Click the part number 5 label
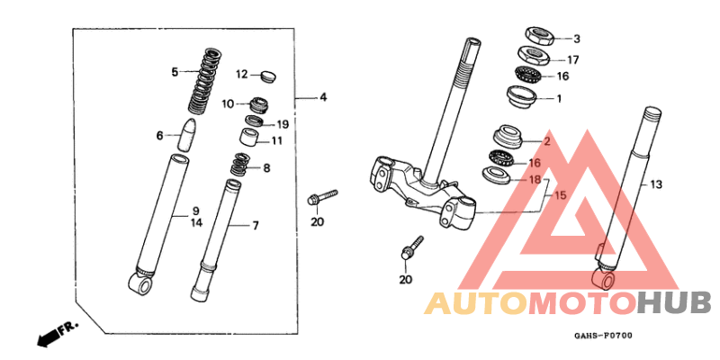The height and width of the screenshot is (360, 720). (175, 71)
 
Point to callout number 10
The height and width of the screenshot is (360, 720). (228, 103)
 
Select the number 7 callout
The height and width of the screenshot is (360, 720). (255, 224)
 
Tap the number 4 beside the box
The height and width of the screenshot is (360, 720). (323, 96)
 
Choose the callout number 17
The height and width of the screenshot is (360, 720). (573, 60)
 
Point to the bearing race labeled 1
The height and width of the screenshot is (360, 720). (523, 96)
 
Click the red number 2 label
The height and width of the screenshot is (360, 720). (545, 141)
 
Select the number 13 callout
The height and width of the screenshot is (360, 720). (656, 184)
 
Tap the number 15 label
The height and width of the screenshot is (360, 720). (559, 195)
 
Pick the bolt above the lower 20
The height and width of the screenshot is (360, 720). (413, 248)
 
